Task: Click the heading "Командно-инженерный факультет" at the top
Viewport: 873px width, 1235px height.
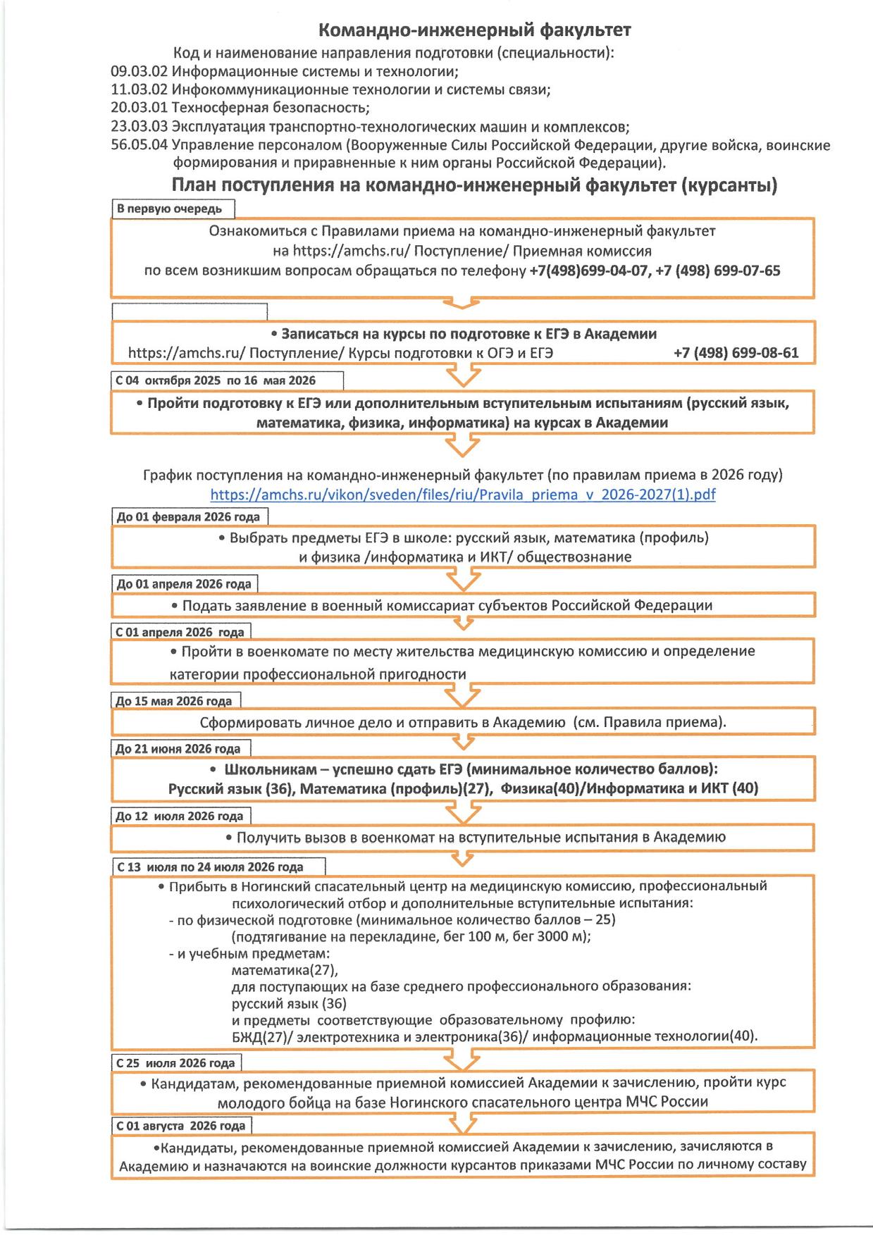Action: [474, 30]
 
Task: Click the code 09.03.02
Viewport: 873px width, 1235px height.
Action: [139, 71]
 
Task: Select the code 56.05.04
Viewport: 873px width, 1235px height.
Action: [139, 145]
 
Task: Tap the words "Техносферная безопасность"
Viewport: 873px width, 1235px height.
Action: [270, 108]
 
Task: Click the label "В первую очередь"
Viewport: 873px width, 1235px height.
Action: [170, 209]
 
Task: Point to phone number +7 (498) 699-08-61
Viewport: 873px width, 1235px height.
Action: [736, 352]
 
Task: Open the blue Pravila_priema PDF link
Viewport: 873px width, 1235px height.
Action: [463, 494]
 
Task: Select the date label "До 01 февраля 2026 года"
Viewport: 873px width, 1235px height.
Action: [189, 516]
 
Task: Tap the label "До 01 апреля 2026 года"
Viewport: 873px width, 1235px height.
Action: [184, 583]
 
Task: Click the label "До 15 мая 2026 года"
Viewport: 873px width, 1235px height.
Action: [175, 701]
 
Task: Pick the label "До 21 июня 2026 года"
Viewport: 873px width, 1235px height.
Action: [179, 748]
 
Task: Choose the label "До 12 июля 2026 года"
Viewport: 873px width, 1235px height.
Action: [180, 816]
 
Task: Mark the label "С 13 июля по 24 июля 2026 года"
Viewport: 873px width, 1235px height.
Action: [210, 867]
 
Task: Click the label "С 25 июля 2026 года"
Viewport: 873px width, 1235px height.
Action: [175, 1062]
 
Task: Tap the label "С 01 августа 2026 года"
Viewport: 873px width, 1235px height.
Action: [181, 1125]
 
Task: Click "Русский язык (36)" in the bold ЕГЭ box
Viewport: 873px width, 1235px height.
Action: [230, 788]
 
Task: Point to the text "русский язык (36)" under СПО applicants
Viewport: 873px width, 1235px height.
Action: [289, 1003]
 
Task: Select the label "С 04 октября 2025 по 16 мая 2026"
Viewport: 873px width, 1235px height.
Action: [216, 380]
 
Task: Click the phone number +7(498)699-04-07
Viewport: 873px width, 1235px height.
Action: [588, 271]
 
